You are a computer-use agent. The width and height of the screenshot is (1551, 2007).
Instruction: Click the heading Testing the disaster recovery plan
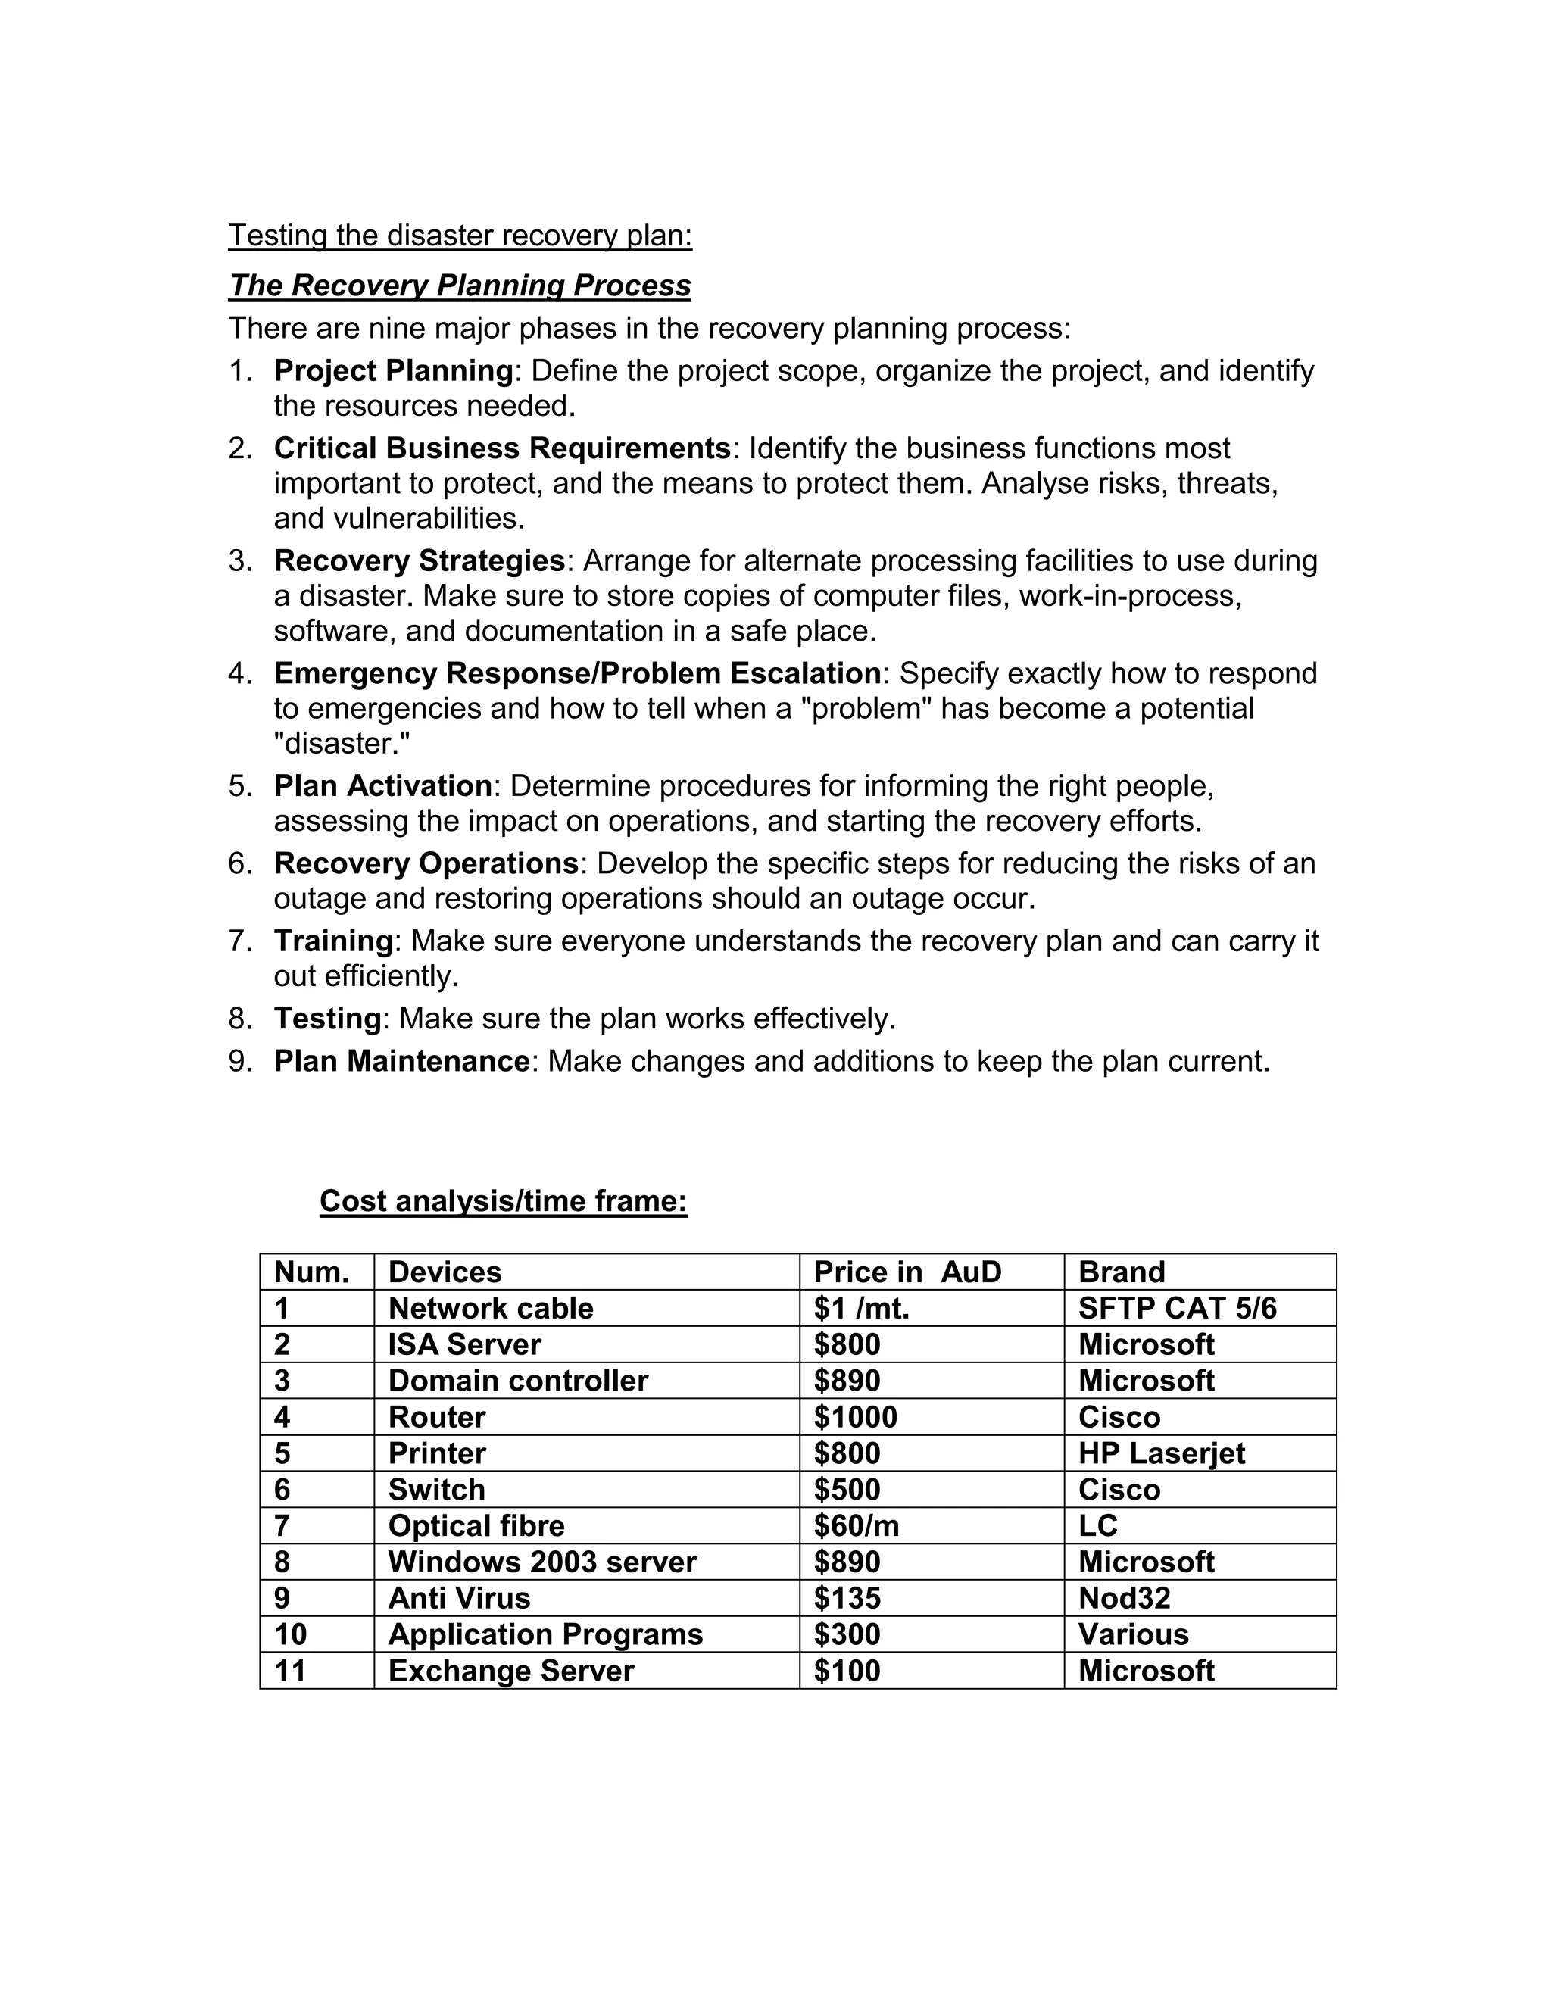coord(460,236)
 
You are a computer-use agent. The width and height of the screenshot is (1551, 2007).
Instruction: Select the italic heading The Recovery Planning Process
coord(460,286)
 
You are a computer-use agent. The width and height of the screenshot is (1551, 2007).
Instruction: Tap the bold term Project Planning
coord(393,371)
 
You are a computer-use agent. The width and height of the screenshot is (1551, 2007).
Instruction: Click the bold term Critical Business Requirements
coord(501,448)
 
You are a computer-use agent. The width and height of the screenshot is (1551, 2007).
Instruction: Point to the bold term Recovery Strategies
coord(419,560)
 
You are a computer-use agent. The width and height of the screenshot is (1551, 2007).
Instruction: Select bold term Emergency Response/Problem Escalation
coord(577,673)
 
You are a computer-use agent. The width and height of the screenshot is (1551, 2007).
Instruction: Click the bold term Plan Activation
coord(383,787)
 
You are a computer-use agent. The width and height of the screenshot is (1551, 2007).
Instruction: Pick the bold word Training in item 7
coord(333,941)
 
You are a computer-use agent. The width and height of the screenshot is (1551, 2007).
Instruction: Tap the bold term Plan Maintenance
coord(401,1061)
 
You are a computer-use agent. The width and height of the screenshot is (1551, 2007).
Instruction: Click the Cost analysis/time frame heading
coord(503,1201)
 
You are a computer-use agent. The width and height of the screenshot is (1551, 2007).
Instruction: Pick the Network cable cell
coord(491,1309)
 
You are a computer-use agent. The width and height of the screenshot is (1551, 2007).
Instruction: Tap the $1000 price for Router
coord(856,1417)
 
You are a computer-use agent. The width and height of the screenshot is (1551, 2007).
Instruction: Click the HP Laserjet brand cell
coord(1162,1454)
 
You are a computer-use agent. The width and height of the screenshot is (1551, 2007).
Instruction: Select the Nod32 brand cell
coord(1124,1598)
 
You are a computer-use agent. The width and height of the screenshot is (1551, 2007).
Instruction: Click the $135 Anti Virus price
coord(847,1598)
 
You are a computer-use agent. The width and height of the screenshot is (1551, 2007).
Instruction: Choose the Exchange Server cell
coord(511,1671)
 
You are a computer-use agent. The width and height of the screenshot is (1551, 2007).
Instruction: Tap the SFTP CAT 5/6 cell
coord(1177,1309)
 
